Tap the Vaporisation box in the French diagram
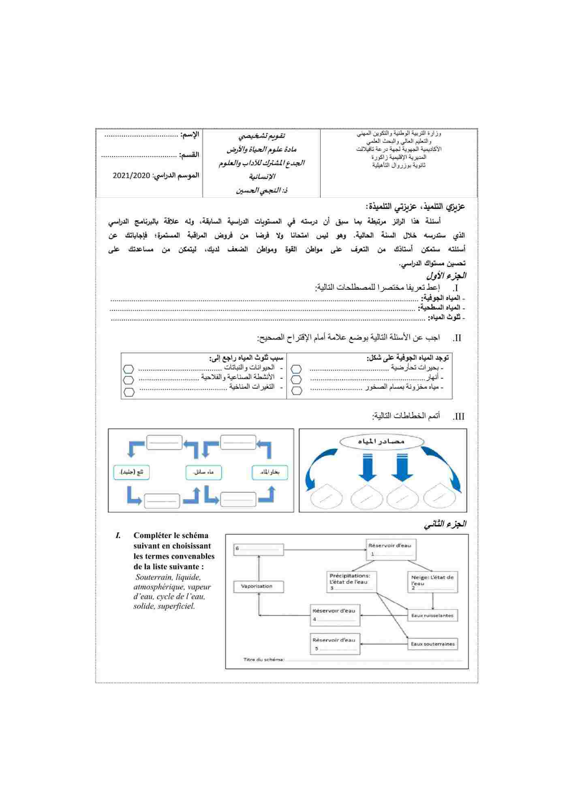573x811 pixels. pyautogui.click(x=259, y=586)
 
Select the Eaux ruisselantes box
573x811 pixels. pyautogui.click(x=432, y=616)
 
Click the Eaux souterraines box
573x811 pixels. pyautogui.click(x=432, y=644)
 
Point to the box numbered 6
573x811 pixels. pyautogui.click(x=259, y=549)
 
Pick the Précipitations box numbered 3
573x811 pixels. pyautogui.click(x=352, y=582)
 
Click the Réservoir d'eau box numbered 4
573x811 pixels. pyautogui.click(x=335, y=615)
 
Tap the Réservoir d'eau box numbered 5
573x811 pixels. pyautogui.click(x=335, y=644)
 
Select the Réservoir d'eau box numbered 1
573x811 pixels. pyautogui.click(x=391, y=550)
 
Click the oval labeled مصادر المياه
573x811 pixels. pyautogui.click(x=381, y=442)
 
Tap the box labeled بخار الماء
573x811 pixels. pyautogui.click(x=269, y=472)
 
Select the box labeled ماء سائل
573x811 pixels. pyautogui.click(x=203, y=472)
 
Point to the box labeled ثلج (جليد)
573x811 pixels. pyautogui.click(x=131, y=472)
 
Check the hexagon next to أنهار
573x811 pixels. pyautogui.click(x=297, y=380)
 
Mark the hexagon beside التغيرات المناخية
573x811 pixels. pyautogui.click(x=129, y=392)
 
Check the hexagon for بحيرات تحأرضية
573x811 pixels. pyautogui.click(x=297, y=369)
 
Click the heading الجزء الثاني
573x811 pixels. pyautogui.click(x=445, y=524)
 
